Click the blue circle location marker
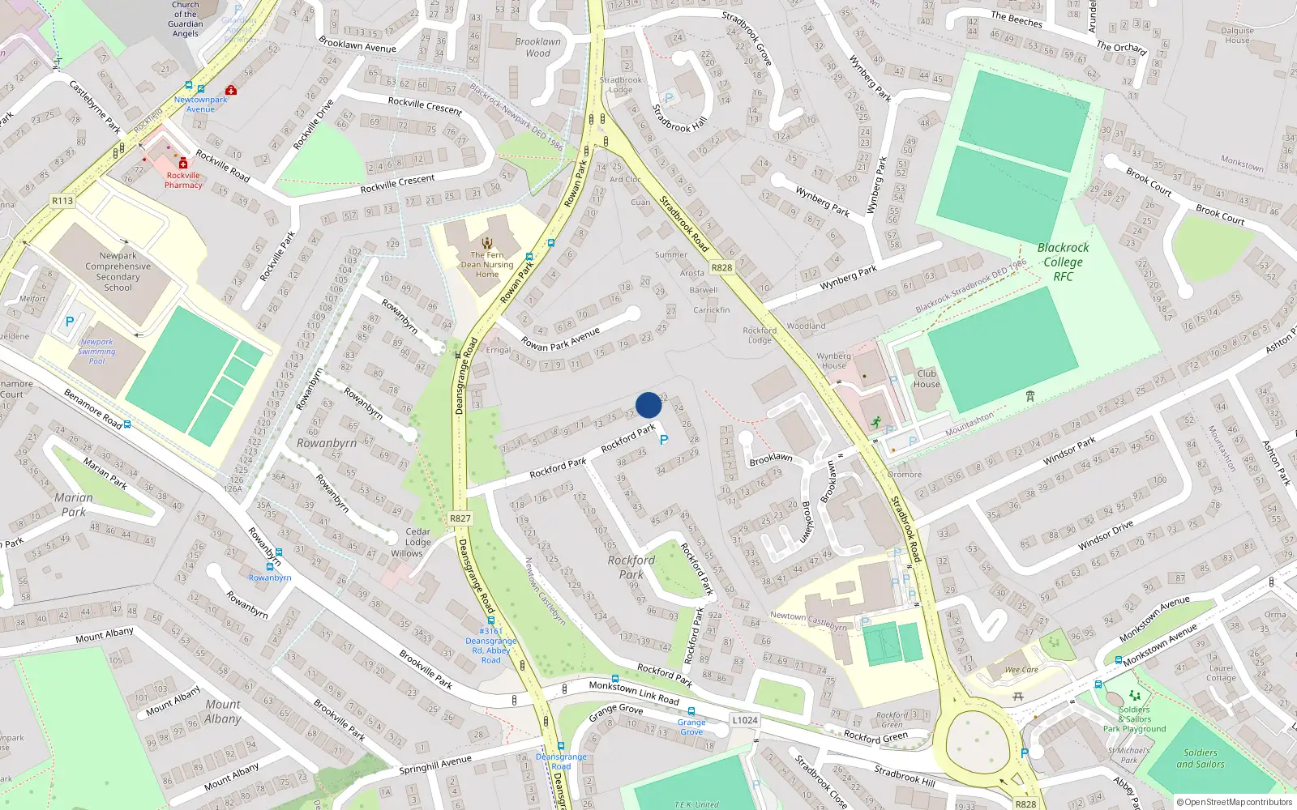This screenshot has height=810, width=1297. [648, 405]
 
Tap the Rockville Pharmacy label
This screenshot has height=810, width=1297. [183, 180]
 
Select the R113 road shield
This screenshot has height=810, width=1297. [62, 201]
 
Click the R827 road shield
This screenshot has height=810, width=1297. [460, 518]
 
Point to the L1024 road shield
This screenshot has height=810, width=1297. [744, 720]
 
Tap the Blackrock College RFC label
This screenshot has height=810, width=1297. [1064, 262]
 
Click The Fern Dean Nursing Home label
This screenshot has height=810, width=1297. [487, 264]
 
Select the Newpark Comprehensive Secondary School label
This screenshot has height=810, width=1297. [118, 271]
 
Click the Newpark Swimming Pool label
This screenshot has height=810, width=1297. [96, 352]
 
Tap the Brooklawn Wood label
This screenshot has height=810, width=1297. [537, 48]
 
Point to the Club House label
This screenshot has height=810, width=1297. [927, 379]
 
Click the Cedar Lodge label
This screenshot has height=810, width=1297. [417, 537]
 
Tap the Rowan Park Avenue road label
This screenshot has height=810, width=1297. [560, 339]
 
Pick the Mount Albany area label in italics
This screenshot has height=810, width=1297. [222, 711]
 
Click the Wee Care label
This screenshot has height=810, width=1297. [1021, 670]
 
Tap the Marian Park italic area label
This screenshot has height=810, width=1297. [74, 505]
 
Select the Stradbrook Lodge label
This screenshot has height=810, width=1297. [621, 85]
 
